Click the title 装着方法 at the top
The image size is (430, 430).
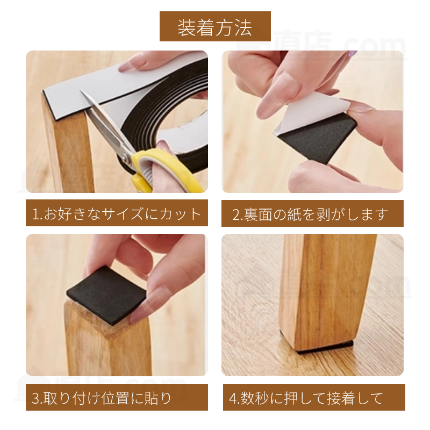(214, 27)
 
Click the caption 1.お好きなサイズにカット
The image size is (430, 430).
(117, 214)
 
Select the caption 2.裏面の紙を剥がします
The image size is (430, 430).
(312, 214)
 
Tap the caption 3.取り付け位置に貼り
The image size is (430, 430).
(117, 398)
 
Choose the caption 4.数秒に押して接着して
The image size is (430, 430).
(312, 398)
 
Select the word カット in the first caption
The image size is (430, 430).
(183, 214)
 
